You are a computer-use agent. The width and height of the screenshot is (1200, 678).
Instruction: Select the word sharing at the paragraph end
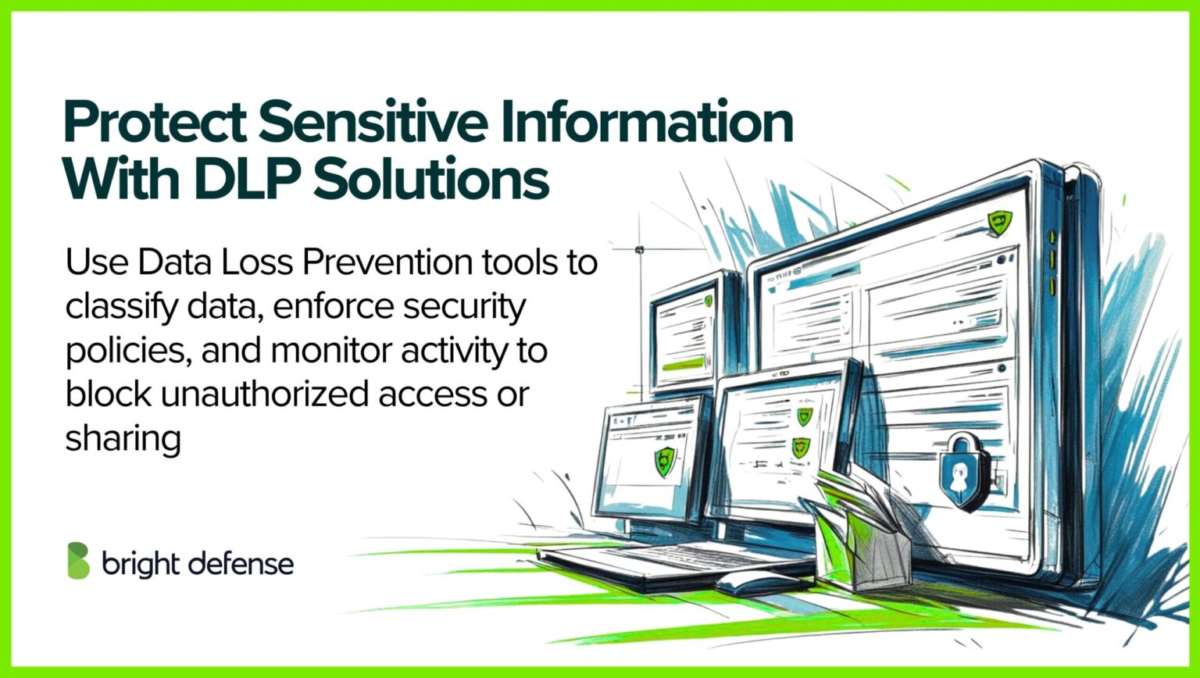[123, 439]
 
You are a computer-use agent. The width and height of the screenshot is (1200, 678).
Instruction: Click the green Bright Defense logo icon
[78, 561]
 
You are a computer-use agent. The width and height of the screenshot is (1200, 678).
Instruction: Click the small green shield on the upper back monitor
[708, 300]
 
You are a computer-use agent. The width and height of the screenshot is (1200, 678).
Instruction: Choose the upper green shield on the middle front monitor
[804, 416]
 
